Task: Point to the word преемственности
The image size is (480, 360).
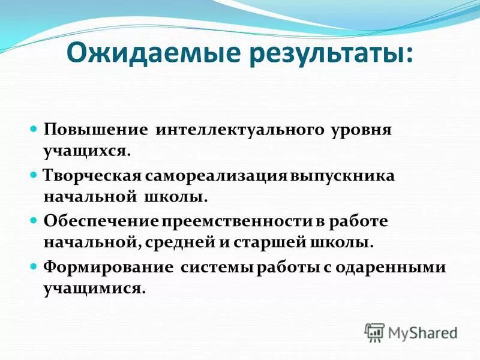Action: coord(235,221)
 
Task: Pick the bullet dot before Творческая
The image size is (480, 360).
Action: coord(34,174)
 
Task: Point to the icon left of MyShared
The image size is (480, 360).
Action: coord(374,332)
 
